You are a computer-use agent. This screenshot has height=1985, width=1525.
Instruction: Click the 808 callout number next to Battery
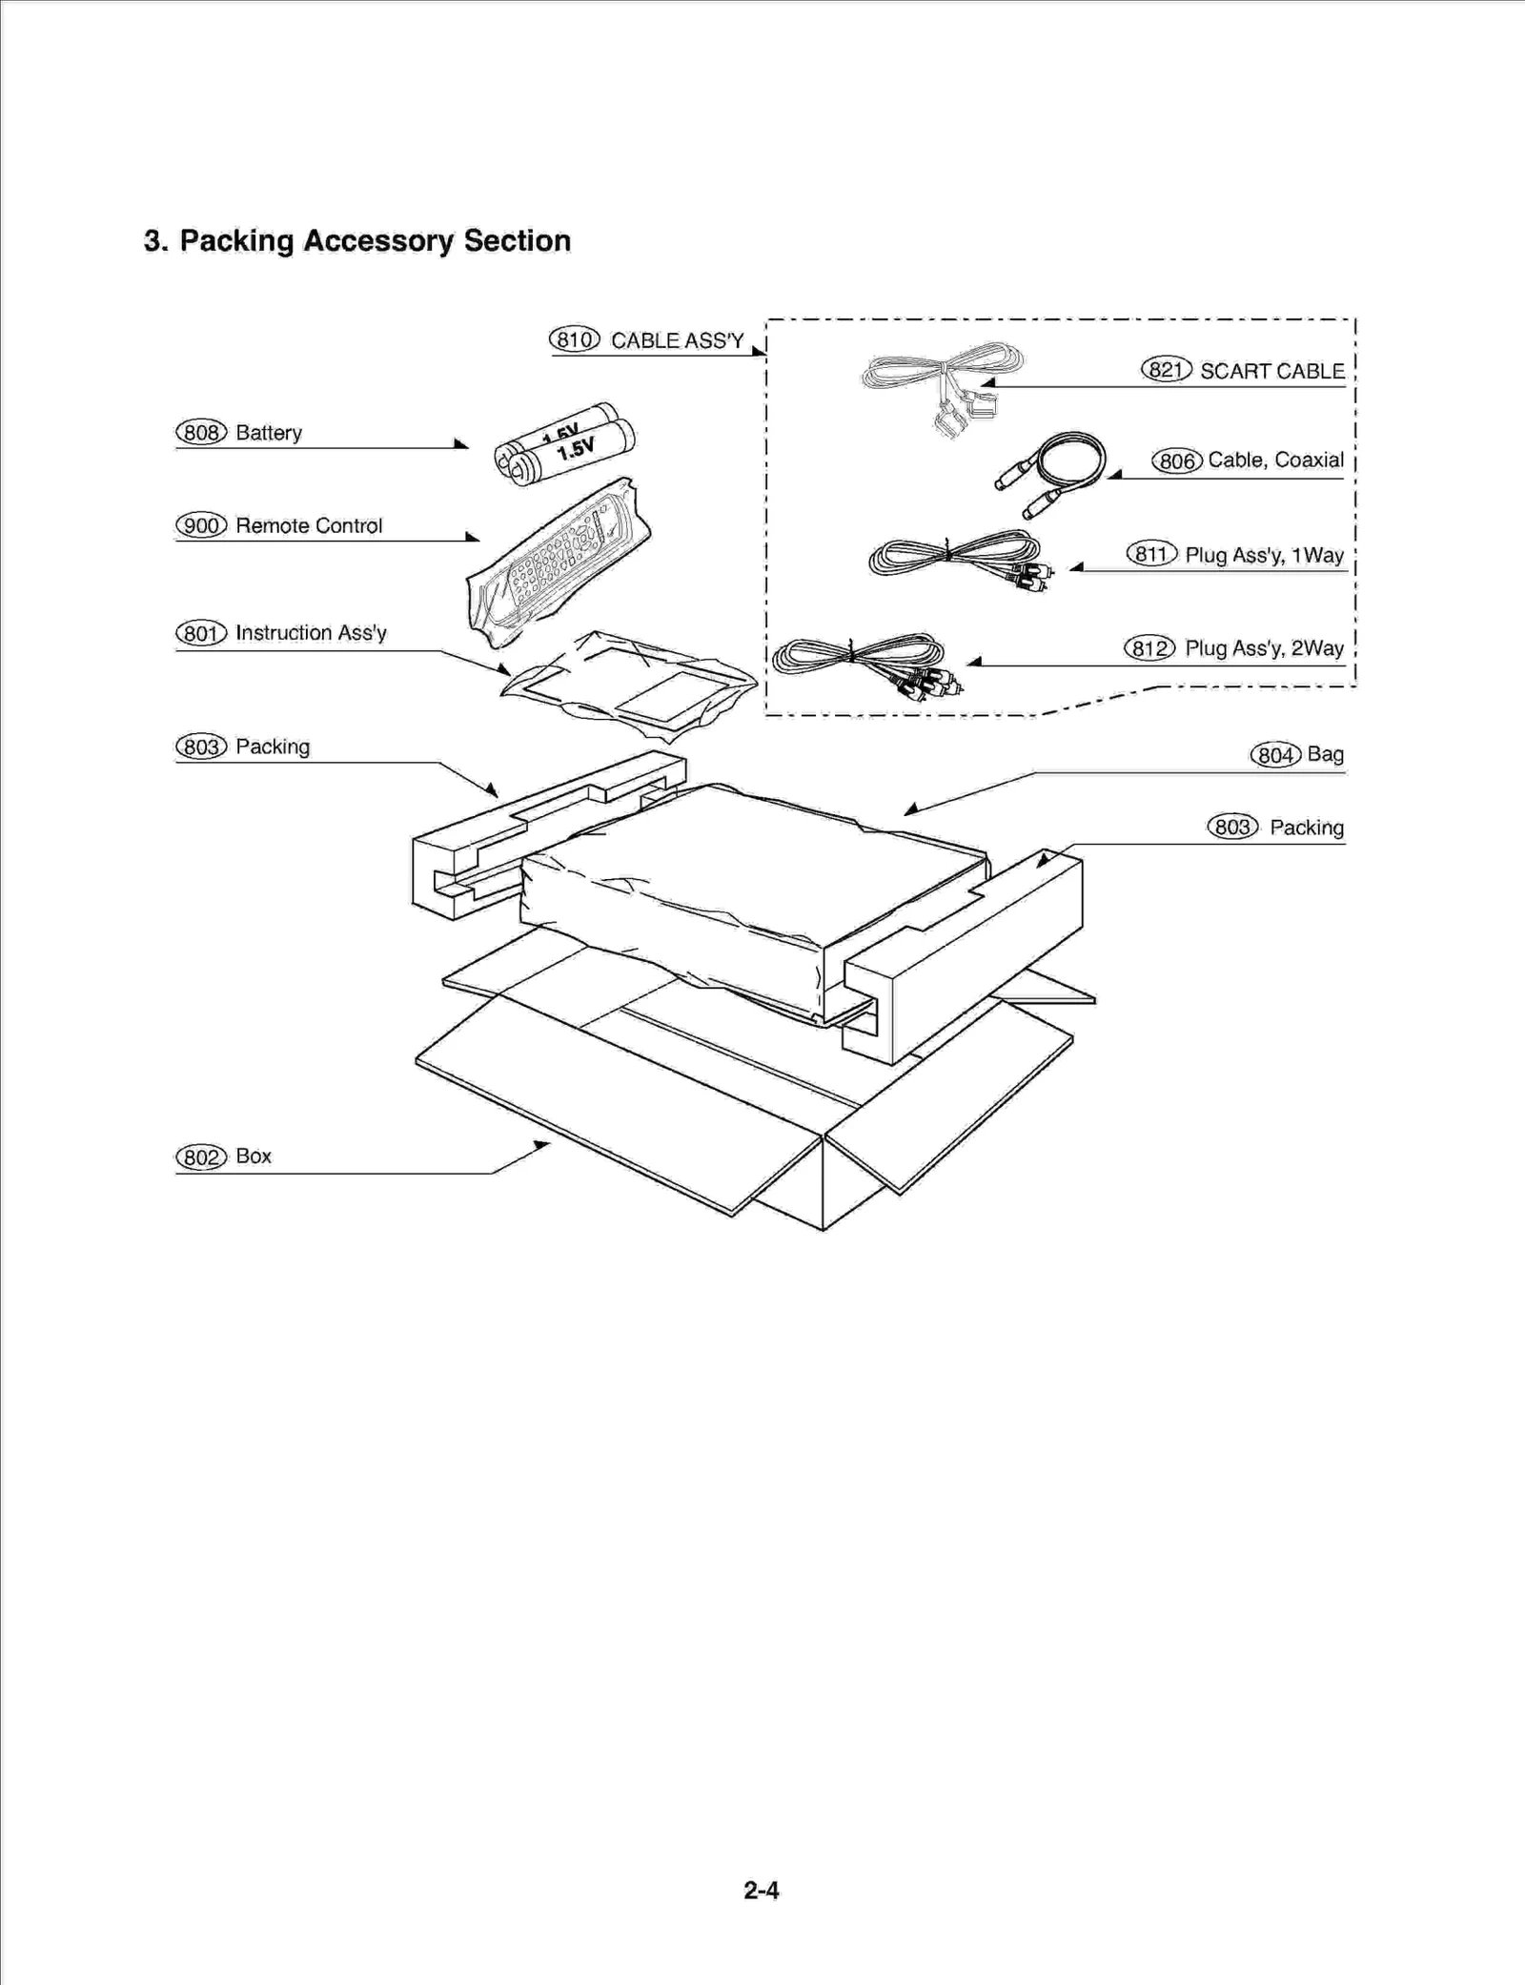click(201, 433)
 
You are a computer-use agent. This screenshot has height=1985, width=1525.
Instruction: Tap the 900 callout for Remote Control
click(201, 525)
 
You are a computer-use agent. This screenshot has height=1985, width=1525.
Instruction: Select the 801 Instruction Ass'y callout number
click(201, 633)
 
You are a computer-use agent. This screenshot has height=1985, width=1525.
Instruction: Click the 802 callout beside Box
click(201, 1156)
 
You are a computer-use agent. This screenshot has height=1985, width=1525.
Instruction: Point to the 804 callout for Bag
click(1275, 755)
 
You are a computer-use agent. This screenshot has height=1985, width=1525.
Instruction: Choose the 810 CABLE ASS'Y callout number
click(574, 339)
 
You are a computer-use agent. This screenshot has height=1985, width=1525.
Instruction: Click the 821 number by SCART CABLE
click(1166, 370)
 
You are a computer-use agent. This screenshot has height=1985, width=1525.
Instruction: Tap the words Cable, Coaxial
click(1275, 460)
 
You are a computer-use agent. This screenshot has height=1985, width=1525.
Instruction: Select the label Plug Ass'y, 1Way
click(1264, 555)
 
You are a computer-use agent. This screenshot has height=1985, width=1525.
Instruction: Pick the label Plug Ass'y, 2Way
click(1264, 648)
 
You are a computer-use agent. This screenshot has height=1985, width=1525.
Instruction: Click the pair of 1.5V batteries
click(565, 444)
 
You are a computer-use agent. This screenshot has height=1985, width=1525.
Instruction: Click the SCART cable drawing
click(944, 381)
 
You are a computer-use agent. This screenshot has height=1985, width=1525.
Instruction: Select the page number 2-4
click(762, 1890)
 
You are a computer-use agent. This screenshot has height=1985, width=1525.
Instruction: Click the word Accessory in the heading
click(378, 241)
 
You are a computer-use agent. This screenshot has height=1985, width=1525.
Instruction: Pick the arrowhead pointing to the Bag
click(910, 810)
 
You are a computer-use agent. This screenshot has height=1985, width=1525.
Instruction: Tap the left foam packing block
click(496, 839)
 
